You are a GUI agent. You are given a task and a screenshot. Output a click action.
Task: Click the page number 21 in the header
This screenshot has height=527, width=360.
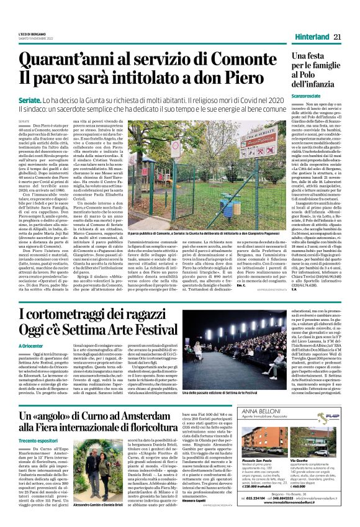(x=338, y=37)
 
